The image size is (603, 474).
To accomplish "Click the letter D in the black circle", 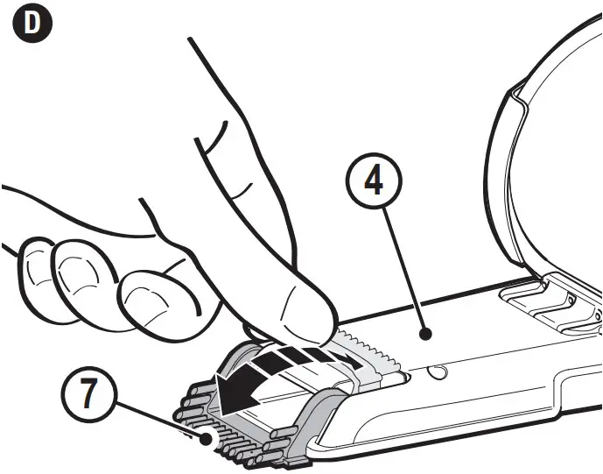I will click(32, 25).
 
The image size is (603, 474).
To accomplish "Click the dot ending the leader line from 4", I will click(424, 333).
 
